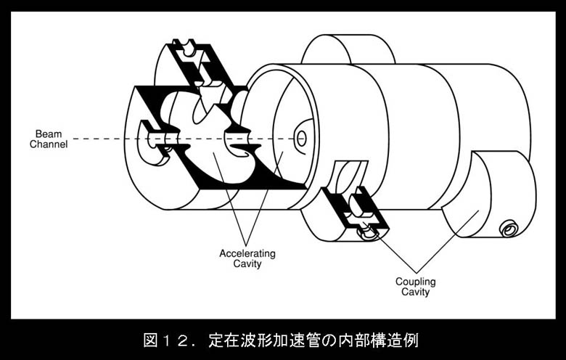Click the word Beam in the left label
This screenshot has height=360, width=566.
(x=49, y=134)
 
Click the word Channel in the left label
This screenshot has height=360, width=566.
(x=49, y=144)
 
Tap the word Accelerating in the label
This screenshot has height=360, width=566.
(x=247, y=254)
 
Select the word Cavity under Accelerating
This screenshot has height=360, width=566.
(x=247, y=264)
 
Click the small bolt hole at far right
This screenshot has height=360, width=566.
(x=510, y=229)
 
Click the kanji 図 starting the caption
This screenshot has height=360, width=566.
(x=151, y=340)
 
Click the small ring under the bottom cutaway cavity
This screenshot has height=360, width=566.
(x=368, y=233)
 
